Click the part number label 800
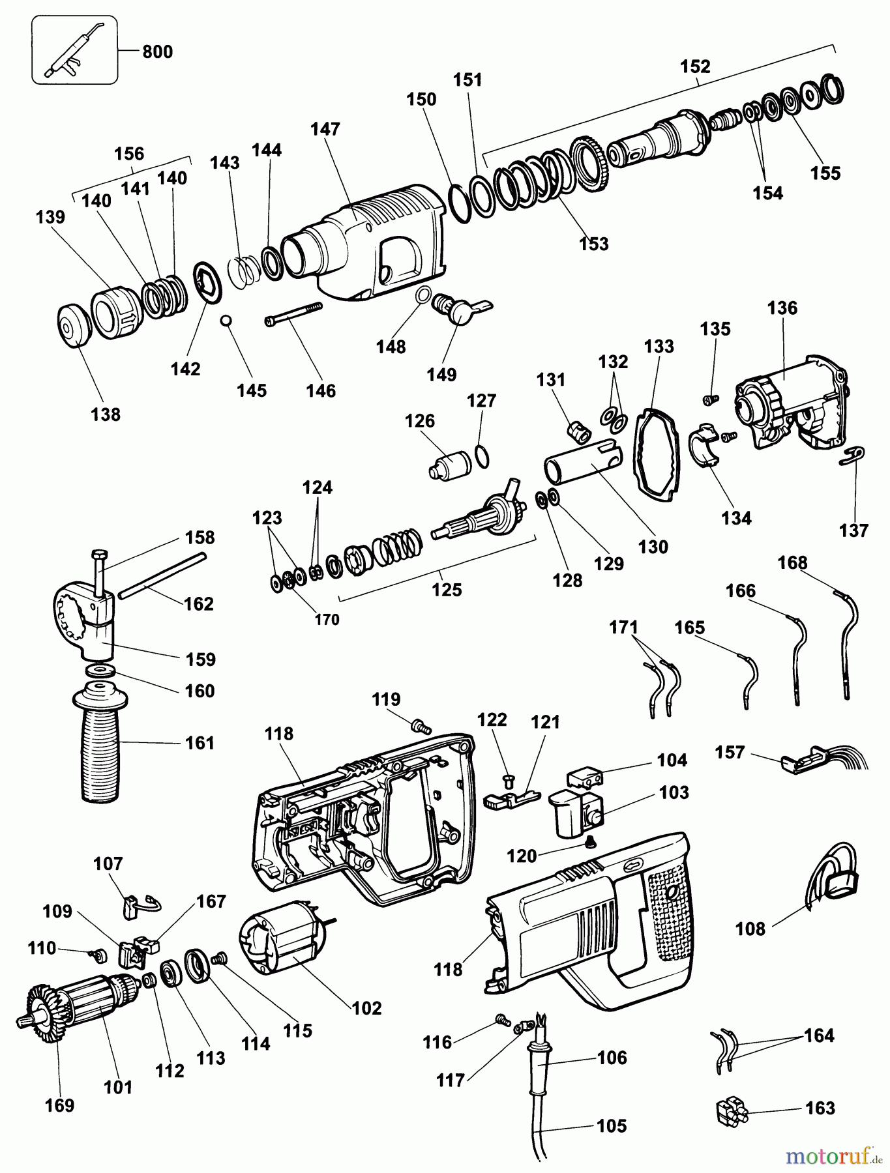tap(157, 51)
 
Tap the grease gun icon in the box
tap(73, 50)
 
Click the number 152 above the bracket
tap(695, 66)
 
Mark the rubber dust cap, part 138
tap(71, 326)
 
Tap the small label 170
tap(327, 619)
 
